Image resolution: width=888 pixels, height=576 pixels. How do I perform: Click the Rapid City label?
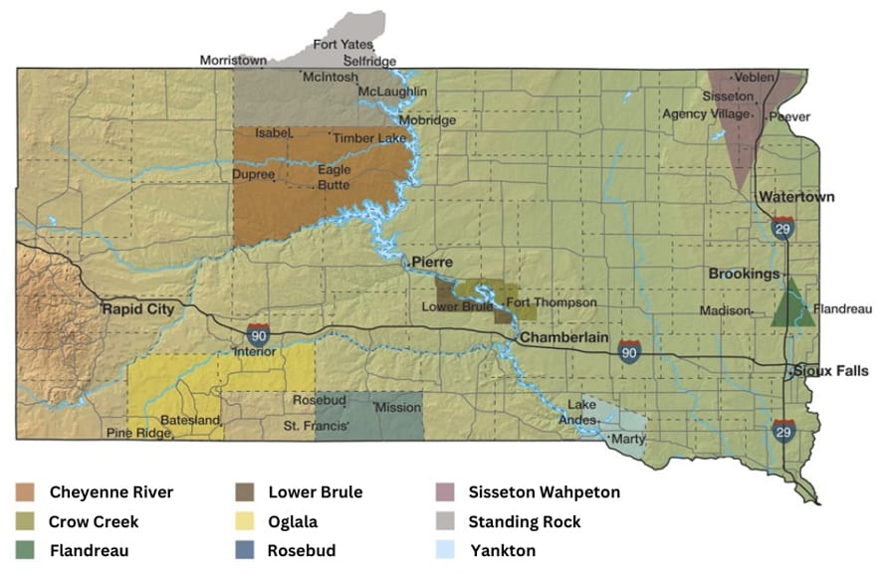tap(137, 309)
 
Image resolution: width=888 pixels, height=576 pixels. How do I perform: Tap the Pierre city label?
tap(432, 263)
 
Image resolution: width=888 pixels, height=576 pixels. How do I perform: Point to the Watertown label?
tap(796, 197)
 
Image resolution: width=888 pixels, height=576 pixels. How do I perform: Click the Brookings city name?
tap(744, 274)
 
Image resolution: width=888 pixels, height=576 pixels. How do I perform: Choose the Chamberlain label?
tap(562, 338)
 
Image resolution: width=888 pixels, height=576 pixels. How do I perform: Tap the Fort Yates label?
tap(342, 45)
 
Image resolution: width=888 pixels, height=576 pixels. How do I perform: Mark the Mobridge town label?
tap(428, 120)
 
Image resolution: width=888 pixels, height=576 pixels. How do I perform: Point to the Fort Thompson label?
tap(552, 302)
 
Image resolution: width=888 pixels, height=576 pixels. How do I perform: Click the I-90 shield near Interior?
tap(258, 333)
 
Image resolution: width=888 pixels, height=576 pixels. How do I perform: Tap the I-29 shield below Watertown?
tap(782, 228)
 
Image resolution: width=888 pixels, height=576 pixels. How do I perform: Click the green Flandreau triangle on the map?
tap(792, 307)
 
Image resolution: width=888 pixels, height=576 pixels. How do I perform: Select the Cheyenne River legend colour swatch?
tap(25, 492)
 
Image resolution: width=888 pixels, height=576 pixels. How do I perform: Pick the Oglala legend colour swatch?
tap(243, 521)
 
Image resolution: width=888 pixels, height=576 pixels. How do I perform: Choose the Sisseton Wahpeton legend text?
tap(544, 492)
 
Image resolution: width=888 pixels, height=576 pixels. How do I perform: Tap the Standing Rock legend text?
tap(524, 521)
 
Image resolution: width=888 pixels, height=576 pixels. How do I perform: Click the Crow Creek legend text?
tap(94, 521)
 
